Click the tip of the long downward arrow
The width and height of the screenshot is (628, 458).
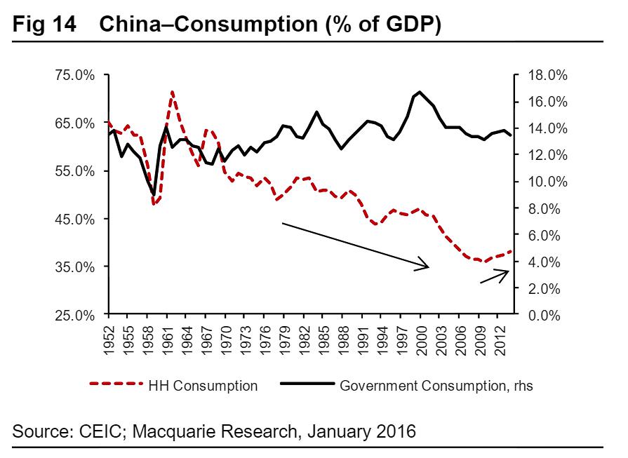[x=428, y=267]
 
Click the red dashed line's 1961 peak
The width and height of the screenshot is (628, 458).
[x=172, y=91]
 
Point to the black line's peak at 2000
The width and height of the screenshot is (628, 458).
[x=420, y=92]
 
